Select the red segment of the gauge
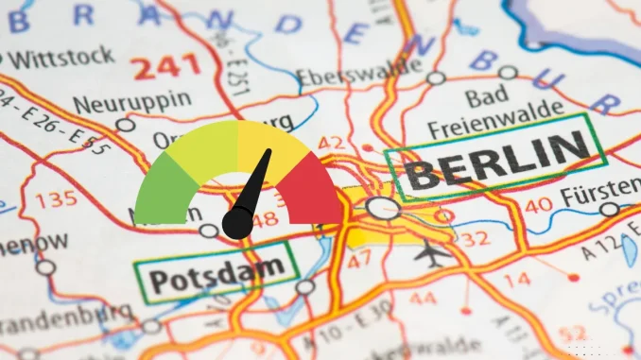click(309, 188)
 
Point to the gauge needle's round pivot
click(236, 223)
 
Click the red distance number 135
click(55, 199)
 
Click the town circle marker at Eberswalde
click(435, 78)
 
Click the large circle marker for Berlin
click(383, 209)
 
